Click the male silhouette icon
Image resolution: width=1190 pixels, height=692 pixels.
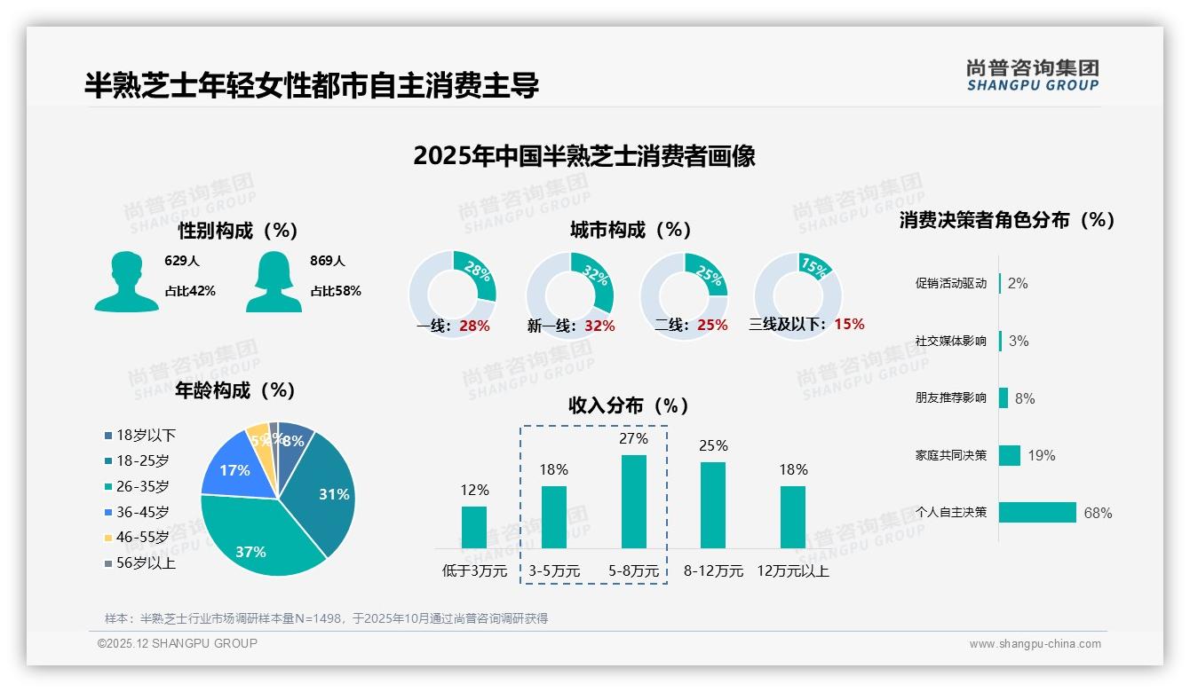126,282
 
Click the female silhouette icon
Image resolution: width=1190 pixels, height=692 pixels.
274,282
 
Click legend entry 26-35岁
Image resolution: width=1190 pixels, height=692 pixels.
142,486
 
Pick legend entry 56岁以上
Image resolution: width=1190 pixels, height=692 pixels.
146,562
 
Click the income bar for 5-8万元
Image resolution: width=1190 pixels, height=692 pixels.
633,501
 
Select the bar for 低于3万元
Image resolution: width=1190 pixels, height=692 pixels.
474,527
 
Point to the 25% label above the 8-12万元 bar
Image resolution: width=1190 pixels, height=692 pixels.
713,445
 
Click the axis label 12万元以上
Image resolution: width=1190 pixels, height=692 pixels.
792,571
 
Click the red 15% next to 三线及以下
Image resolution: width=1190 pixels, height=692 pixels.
849,324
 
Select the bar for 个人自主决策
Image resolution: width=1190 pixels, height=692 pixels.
1037,512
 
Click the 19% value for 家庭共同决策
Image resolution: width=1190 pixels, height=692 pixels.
1042,455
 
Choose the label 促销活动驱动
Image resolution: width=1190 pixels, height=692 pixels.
950,284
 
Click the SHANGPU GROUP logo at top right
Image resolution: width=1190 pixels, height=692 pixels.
1033,75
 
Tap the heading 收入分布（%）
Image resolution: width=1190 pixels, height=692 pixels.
629,405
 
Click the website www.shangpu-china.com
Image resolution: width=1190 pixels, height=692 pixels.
1035,644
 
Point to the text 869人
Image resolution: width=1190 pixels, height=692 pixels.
328,261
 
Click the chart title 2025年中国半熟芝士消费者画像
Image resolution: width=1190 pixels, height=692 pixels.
584,156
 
